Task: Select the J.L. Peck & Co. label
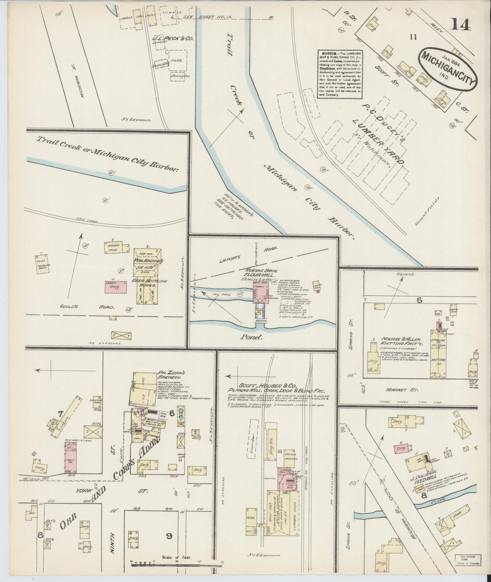(x=172, y=39)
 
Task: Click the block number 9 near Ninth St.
(x=169, y=546)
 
